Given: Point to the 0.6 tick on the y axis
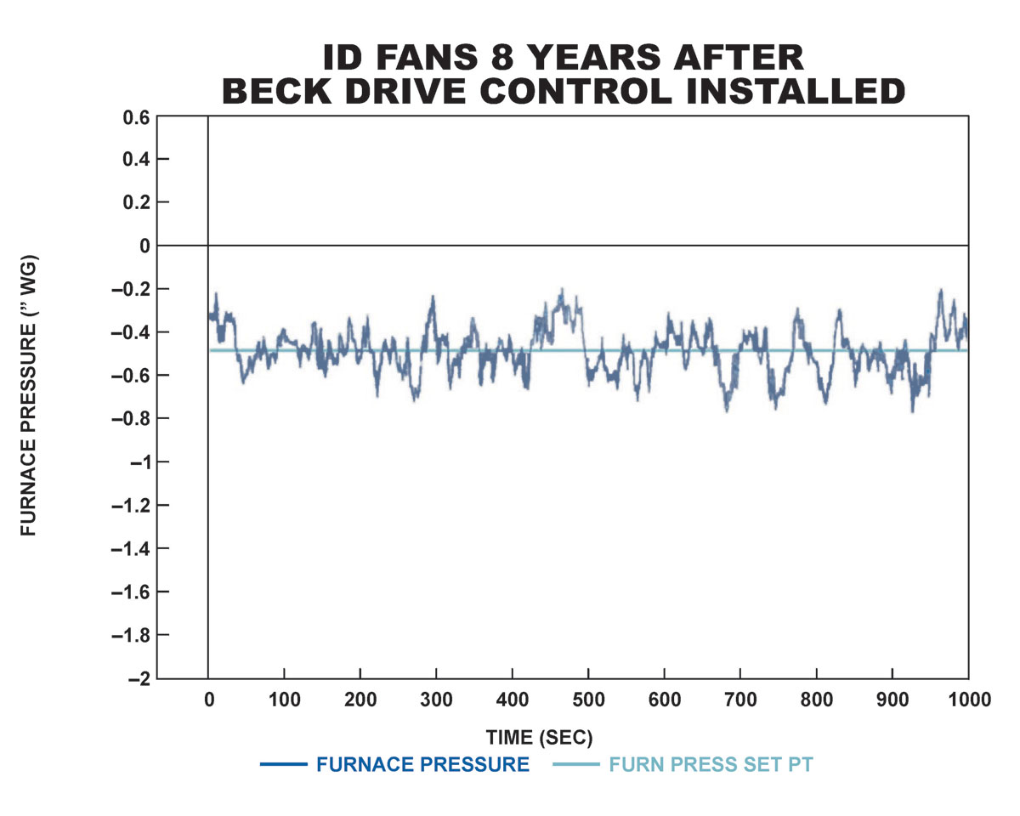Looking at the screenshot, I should pos(136,116).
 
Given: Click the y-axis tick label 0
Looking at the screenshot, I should pos(144,246).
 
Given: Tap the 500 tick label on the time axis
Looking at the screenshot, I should pos(588,700).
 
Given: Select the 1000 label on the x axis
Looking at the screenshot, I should pos(968,700).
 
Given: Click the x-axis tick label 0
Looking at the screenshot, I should pos(208,700).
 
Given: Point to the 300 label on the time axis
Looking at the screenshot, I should pos(436,700).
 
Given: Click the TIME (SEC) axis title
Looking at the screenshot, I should pos(539,736).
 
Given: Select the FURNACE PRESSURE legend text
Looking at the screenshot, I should pos(422,764).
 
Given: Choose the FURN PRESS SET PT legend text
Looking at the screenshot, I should pos(711,764).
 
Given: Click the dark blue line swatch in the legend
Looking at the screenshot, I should pos(283,765).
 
